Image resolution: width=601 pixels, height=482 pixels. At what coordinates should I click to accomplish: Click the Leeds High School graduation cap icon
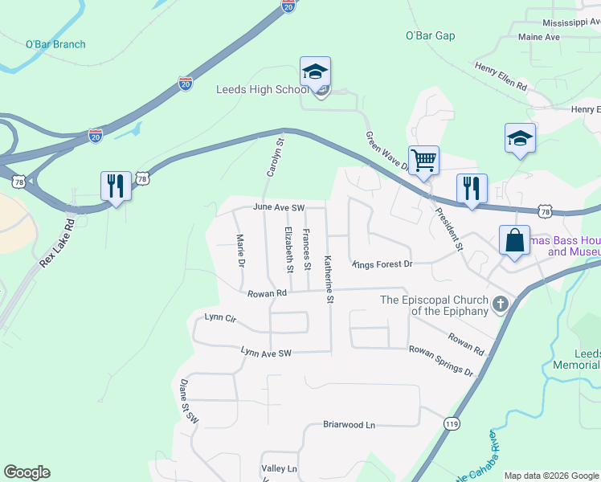[316, 72]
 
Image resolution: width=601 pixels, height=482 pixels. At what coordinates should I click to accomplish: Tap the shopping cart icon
[423, 159]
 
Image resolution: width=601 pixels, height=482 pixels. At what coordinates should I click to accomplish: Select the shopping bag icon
[514, 240]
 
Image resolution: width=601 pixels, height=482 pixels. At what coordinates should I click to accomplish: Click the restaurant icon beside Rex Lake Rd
[117, 186]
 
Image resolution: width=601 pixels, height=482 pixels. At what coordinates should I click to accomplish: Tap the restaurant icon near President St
[472, 189]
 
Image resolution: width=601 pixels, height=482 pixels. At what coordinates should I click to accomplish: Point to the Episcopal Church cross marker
[501, 304]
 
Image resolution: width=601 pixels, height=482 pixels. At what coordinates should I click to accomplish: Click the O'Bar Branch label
[55, 44]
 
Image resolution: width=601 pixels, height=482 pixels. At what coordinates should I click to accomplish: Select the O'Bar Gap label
[430, 36]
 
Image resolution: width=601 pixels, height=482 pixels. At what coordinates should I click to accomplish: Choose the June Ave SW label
[279, 207]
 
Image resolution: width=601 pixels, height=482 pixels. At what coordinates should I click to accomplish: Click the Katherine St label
[329, 279]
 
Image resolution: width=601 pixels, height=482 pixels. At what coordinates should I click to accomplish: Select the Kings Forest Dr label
[382, 263]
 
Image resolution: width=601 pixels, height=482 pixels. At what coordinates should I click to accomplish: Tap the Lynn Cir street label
[220, 318]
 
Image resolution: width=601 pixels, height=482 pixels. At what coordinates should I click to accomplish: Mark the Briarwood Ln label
[349, 424]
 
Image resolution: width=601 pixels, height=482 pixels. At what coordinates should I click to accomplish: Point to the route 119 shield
[451, 422]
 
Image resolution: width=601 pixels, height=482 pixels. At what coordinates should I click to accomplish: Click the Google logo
[27, 472]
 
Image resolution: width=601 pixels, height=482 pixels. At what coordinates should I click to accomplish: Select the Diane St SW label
[188, 402]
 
